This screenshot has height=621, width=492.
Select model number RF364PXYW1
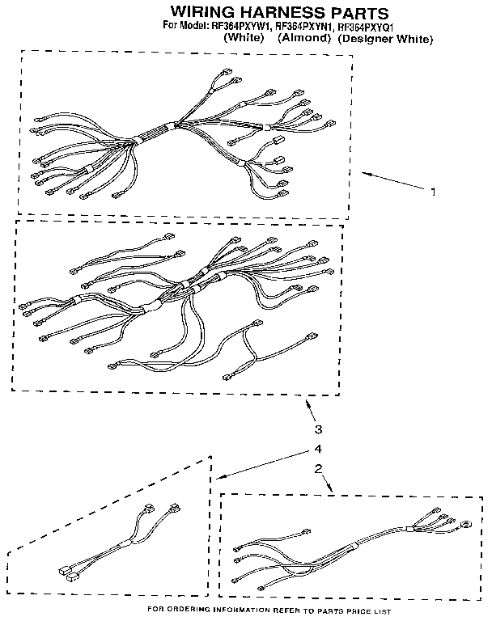(240, 26)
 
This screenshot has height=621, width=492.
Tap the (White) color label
(245, 37)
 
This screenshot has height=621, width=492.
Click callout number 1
(433, 192)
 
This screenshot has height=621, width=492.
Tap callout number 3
(318, 429)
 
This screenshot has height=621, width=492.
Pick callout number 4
(318, 449)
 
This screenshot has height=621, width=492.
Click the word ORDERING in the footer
(193, 610)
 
